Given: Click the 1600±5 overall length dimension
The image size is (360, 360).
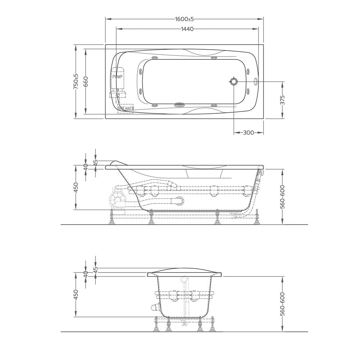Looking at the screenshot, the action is (184, 19).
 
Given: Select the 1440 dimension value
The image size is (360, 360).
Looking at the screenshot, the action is (187, 29).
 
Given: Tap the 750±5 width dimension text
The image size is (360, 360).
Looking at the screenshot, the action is (76, 81).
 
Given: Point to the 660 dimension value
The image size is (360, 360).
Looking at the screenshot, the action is (86, 81).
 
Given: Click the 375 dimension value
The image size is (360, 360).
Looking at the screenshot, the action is (283, 100).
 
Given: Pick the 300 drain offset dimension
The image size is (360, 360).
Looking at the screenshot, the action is (248, 133).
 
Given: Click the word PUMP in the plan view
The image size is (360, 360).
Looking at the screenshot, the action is (117, 77).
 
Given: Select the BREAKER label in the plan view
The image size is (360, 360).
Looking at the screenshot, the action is (126, 108).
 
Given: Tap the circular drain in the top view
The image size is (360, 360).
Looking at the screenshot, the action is (234, 81).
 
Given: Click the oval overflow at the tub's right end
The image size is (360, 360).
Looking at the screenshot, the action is (256, 81).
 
